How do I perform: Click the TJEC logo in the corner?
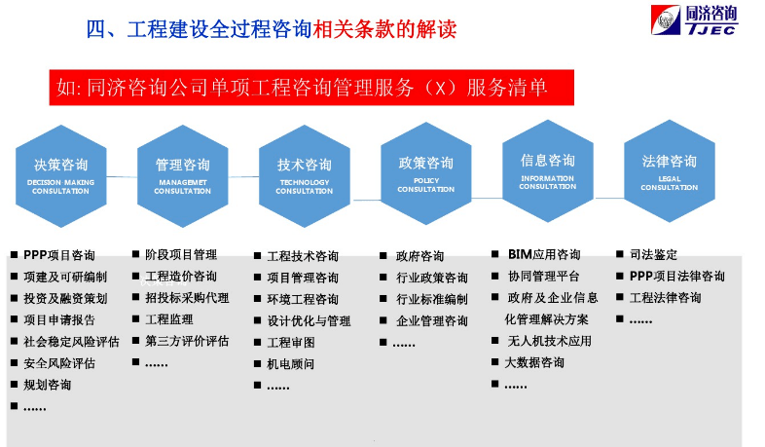tap(694, 21)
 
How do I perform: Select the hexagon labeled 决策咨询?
tap(60, 173)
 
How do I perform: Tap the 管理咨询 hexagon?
tap(182, 173)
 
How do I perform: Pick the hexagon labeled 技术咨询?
tap(304, 173)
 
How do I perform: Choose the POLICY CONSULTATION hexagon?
tap(425, 171)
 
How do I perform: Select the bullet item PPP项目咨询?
tap(59, 256)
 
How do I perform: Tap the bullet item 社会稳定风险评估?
tap(71, 342)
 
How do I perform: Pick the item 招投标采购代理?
tap(187, 298)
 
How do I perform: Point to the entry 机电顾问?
tap(291, 364)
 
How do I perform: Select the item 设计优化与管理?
tap(309, 321)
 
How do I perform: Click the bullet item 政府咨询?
tap(419, 257)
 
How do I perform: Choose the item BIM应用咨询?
tap(543, 255)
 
